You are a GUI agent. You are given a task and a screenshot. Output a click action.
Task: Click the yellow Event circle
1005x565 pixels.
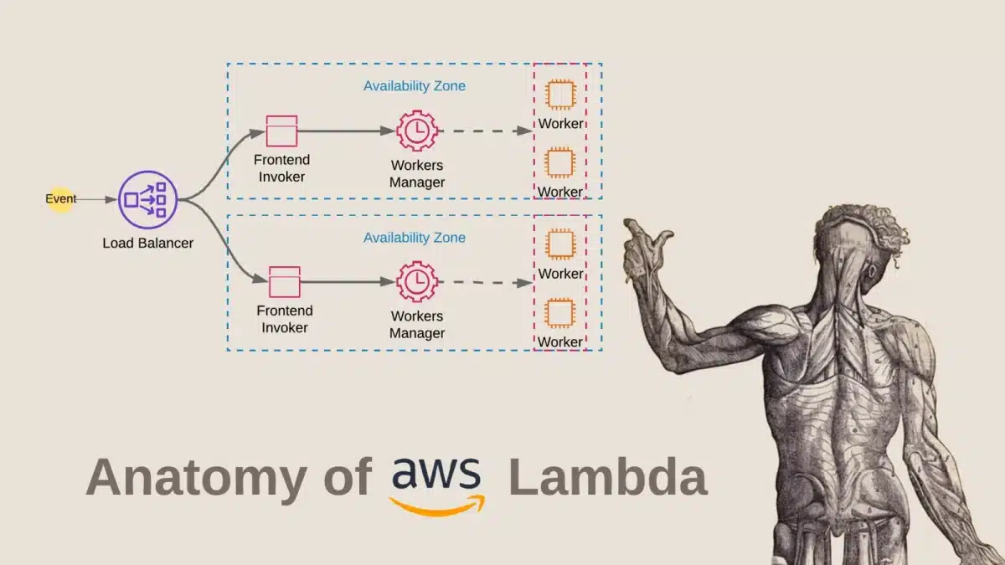[x=60, y=199]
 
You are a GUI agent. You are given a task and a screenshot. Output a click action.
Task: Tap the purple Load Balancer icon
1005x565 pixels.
[x=147, y=199]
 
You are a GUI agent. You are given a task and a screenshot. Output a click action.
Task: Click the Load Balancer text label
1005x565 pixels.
[x=147, y=244]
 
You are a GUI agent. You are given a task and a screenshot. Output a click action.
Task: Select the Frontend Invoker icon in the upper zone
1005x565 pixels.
[x=282, y=131]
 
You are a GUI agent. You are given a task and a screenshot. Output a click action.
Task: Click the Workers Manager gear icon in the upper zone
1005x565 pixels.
[x=417, y=131]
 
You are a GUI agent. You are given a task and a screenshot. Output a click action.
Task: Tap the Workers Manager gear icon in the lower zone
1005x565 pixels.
[x=417, y=282]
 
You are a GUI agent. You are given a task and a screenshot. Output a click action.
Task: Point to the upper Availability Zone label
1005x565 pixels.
[x=414, y=85]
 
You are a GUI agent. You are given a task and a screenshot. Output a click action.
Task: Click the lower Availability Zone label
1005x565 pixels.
[x=414, y=238]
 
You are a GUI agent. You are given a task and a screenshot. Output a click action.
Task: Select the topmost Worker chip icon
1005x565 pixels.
[x=559, y=95]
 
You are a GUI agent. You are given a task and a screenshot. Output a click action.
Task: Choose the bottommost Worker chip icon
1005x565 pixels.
[x=559, y=313]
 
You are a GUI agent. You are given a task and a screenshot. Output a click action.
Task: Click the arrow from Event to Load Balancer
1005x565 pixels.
[x=96, y=200]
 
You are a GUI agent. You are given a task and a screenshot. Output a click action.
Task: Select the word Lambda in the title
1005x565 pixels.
[x=607, y=477]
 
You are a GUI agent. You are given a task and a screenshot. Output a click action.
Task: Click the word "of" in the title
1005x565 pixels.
[x=341, y=477]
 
